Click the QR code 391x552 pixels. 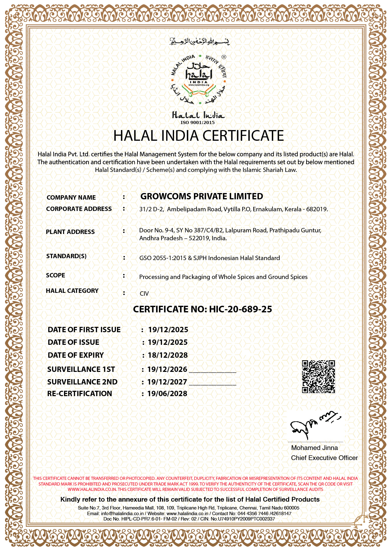[x=318, y=377]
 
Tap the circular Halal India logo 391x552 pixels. [x=198, y=79]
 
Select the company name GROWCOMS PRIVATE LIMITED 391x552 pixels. [x=201, y=196]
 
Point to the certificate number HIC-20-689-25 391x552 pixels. [x=240, y=309]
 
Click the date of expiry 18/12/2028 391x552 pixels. [x=168, y=355]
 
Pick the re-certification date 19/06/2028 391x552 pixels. [x=167, y=394]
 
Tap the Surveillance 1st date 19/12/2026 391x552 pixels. [x=167, y=369]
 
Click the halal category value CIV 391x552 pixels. [x=144, y=293]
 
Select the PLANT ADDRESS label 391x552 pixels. [x=70, y=232]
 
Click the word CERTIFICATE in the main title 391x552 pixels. [x=243, y=136]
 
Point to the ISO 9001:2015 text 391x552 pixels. [x=197, y=122]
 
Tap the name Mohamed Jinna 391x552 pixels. [x=314, y=448]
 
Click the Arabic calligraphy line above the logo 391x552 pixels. [x=200, y=41]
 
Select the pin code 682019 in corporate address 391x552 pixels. [x=316, y=209]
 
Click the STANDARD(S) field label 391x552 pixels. [x=66, y=256]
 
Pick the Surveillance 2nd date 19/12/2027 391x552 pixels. [x=167, y=382]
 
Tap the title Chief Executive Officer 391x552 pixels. [x=324, y=458]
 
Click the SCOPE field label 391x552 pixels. [x=55, y=275]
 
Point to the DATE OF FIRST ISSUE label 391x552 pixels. [x=84, y=330]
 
